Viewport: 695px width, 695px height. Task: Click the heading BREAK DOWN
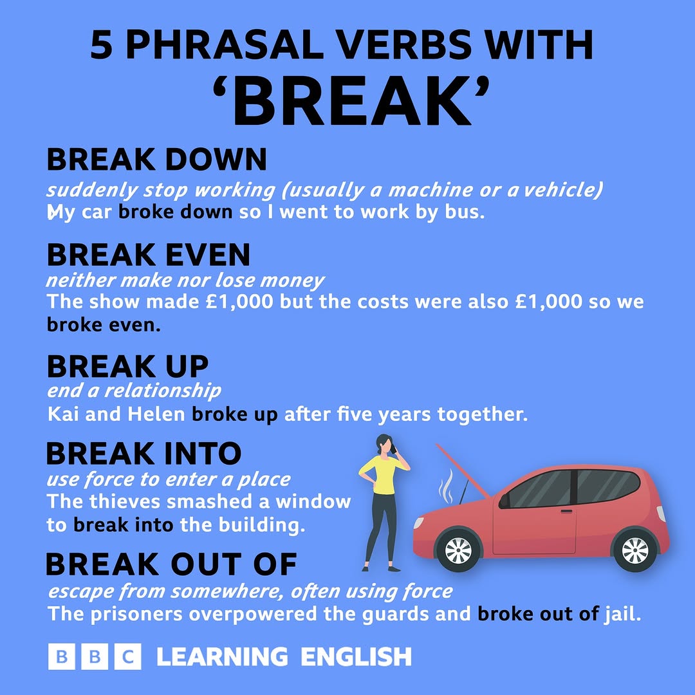(x=156, y=160)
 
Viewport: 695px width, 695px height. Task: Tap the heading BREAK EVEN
(x=148, y=255)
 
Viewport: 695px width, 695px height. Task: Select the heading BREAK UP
(x=127, y=367)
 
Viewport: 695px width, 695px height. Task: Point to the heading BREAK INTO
(x=144, y=454)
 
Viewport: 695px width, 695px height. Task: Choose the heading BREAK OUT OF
(x=171, y=564)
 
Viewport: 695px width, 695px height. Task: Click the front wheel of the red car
(x=458, y=550)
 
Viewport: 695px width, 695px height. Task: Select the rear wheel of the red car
(x=635, y=550)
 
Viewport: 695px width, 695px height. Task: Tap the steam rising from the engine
(x=445, y=486)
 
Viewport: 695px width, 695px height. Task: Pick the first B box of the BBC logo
(x=62, y=658)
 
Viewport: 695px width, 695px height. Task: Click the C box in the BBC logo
(x=128, y=658)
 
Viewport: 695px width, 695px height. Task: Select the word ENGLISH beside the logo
(x=356, y=658)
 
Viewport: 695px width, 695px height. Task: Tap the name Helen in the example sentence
(x=156, y=414)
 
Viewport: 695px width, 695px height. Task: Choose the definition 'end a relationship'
(x=134, y=391)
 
